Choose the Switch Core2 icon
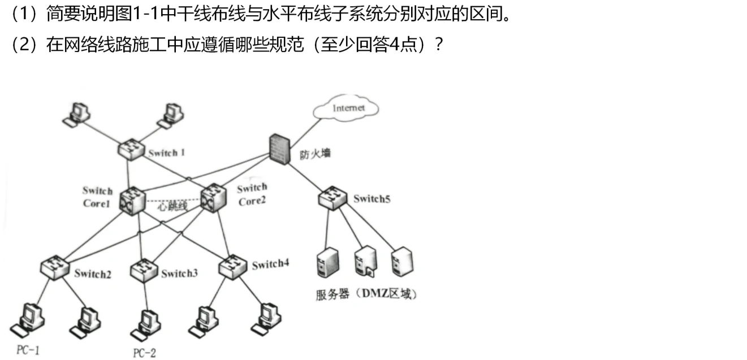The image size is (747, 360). tap(213, 197)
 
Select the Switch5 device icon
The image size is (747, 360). tap(331, 198)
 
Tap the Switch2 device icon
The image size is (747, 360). tap(55, 266)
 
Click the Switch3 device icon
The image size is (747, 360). tap(143, 268)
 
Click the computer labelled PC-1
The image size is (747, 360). tap(29, 320)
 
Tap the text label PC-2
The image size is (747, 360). tap(144, 353)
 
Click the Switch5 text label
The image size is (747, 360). tap(372, 198)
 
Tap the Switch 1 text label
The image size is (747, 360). tap(166, 153)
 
